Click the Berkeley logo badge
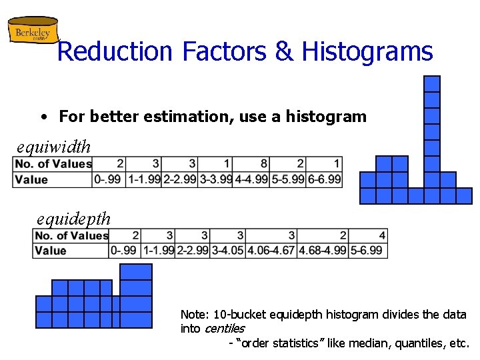(x=32, y=31)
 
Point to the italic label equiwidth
(x=53, y=145)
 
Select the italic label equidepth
(x=73, y=218)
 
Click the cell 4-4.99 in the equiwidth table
(x=251, y=179)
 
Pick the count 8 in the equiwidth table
(x=264, y=164)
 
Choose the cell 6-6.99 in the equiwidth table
(x=324, y=179)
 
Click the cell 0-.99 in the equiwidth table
(x=109, y=179)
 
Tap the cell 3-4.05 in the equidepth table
(x=227, y=251)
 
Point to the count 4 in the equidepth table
(x=382, y=235)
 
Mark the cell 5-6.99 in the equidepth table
(x=368, y=251)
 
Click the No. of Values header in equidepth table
(x=71, y=235)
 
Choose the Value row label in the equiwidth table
(x=31, y=179)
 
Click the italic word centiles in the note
(x=225, y=329)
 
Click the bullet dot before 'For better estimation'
(x=42, y=117)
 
